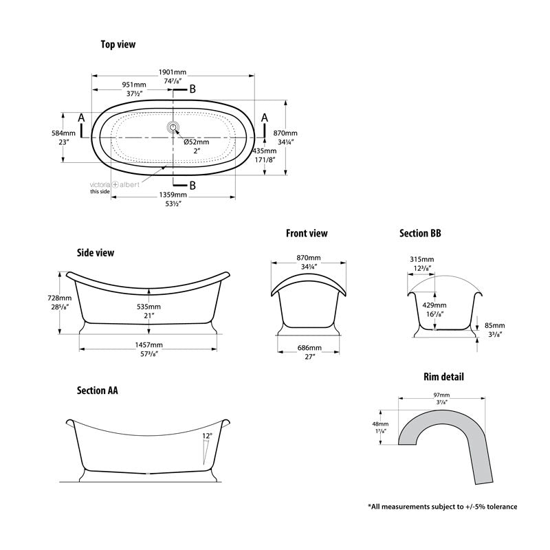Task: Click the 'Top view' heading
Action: (118, 45)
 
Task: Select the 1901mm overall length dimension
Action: (173, 72)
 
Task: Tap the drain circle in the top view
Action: (173, 126)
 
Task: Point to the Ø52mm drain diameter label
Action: (196, 142)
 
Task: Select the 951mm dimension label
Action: (133, 85)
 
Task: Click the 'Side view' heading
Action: (96, 253)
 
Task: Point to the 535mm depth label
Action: (148, 307)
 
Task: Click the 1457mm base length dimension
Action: (148, 344)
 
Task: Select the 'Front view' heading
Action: (307, 234)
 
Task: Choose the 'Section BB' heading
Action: (420, 234)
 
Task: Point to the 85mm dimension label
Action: (494, 326)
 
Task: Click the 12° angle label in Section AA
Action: (208, 436)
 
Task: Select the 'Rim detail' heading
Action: (443, 377)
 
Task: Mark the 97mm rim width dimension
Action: (441, 395)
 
